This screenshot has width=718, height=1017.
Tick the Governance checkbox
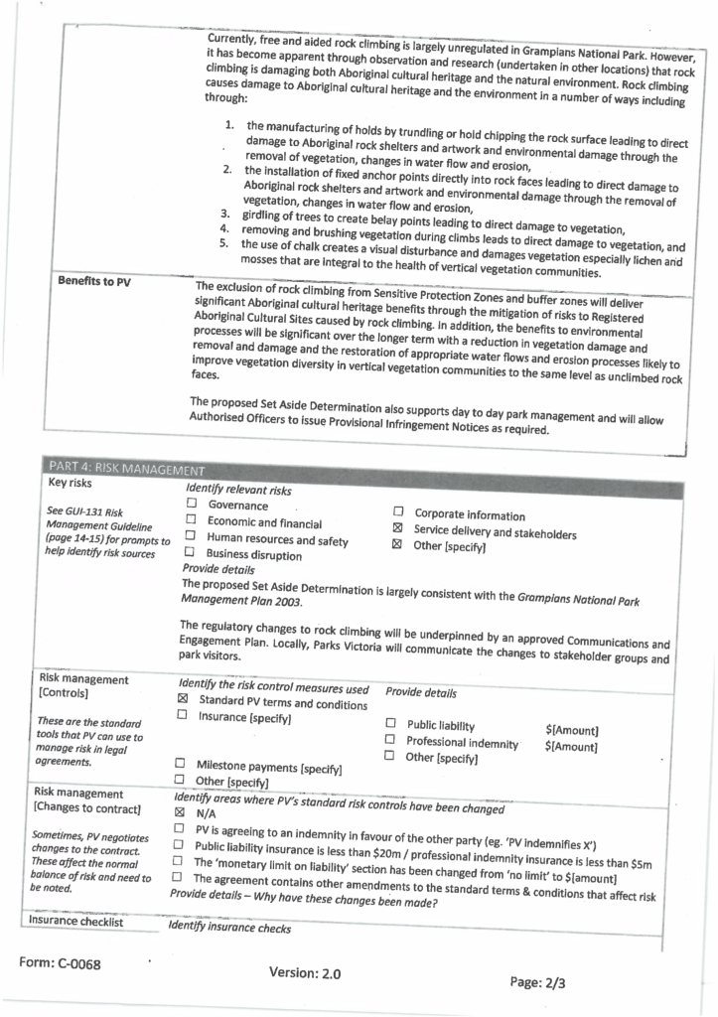[192, 505]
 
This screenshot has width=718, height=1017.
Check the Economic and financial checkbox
[191, 520]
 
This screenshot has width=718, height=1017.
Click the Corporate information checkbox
[398, 512]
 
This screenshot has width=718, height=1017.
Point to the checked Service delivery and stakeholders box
[397, 528]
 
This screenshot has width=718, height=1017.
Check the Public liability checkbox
[390, 723]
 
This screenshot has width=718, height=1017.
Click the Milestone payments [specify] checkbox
[181, 763]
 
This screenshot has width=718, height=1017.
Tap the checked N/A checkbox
[180, 809]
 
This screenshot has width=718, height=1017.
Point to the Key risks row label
[72, 483]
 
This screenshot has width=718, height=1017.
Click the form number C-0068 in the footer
[60, 963]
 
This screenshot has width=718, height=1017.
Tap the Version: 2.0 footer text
[305, 973]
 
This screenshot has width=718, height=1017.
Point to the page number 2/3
[539, 982]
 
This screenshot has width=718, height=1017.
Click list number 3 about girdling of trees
[224, 213]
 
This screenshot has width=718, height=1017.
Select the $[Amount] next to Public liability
[572, 730]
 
